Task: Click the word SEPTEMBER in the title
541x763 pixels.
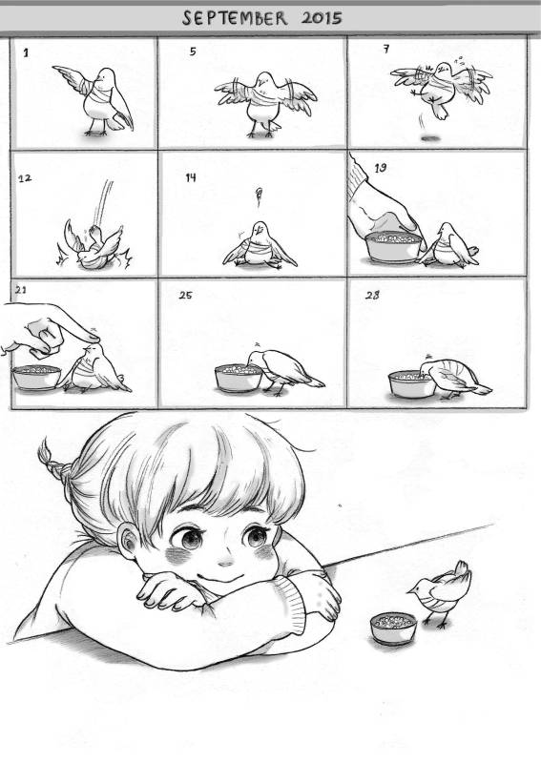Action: pyautogui.click(x=235, y=18)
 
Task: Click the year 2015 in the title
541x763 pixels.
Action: pyautogui.click(x=322, y=18)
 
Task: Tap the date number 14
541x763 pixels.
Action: pyautogui.click(x=191, y=177)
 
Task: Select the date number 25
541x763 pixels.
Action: pyautogui.click(x=185, y=295)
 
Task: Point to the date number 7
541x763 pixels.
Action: pyautogui.click(x=386, y=49)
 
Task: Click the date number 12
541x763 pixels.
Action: pyautogui.click(x=25, y=178)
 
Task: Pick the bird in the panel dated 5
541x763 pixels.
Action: pyautogui.click(x=265, y=103)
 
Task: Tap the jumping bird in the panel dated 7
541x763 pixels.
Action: pyautogui.click(x=440, y=88)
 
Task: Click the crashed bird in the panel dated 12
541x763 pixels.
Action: pyautogui.click(x=94, y=247)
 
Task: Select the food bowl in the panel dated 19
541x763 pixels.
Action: pyautogui.click(x=393, y=247)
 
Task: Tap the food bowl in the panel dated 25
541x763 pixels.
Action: pyautogui.click(x=239, y=378)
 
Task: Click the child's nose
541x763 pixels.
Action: pyautogui.click(x=226, y=562)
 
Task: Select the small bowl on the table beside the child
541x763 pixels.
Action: pyautogui.click(x=393, y=628)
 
